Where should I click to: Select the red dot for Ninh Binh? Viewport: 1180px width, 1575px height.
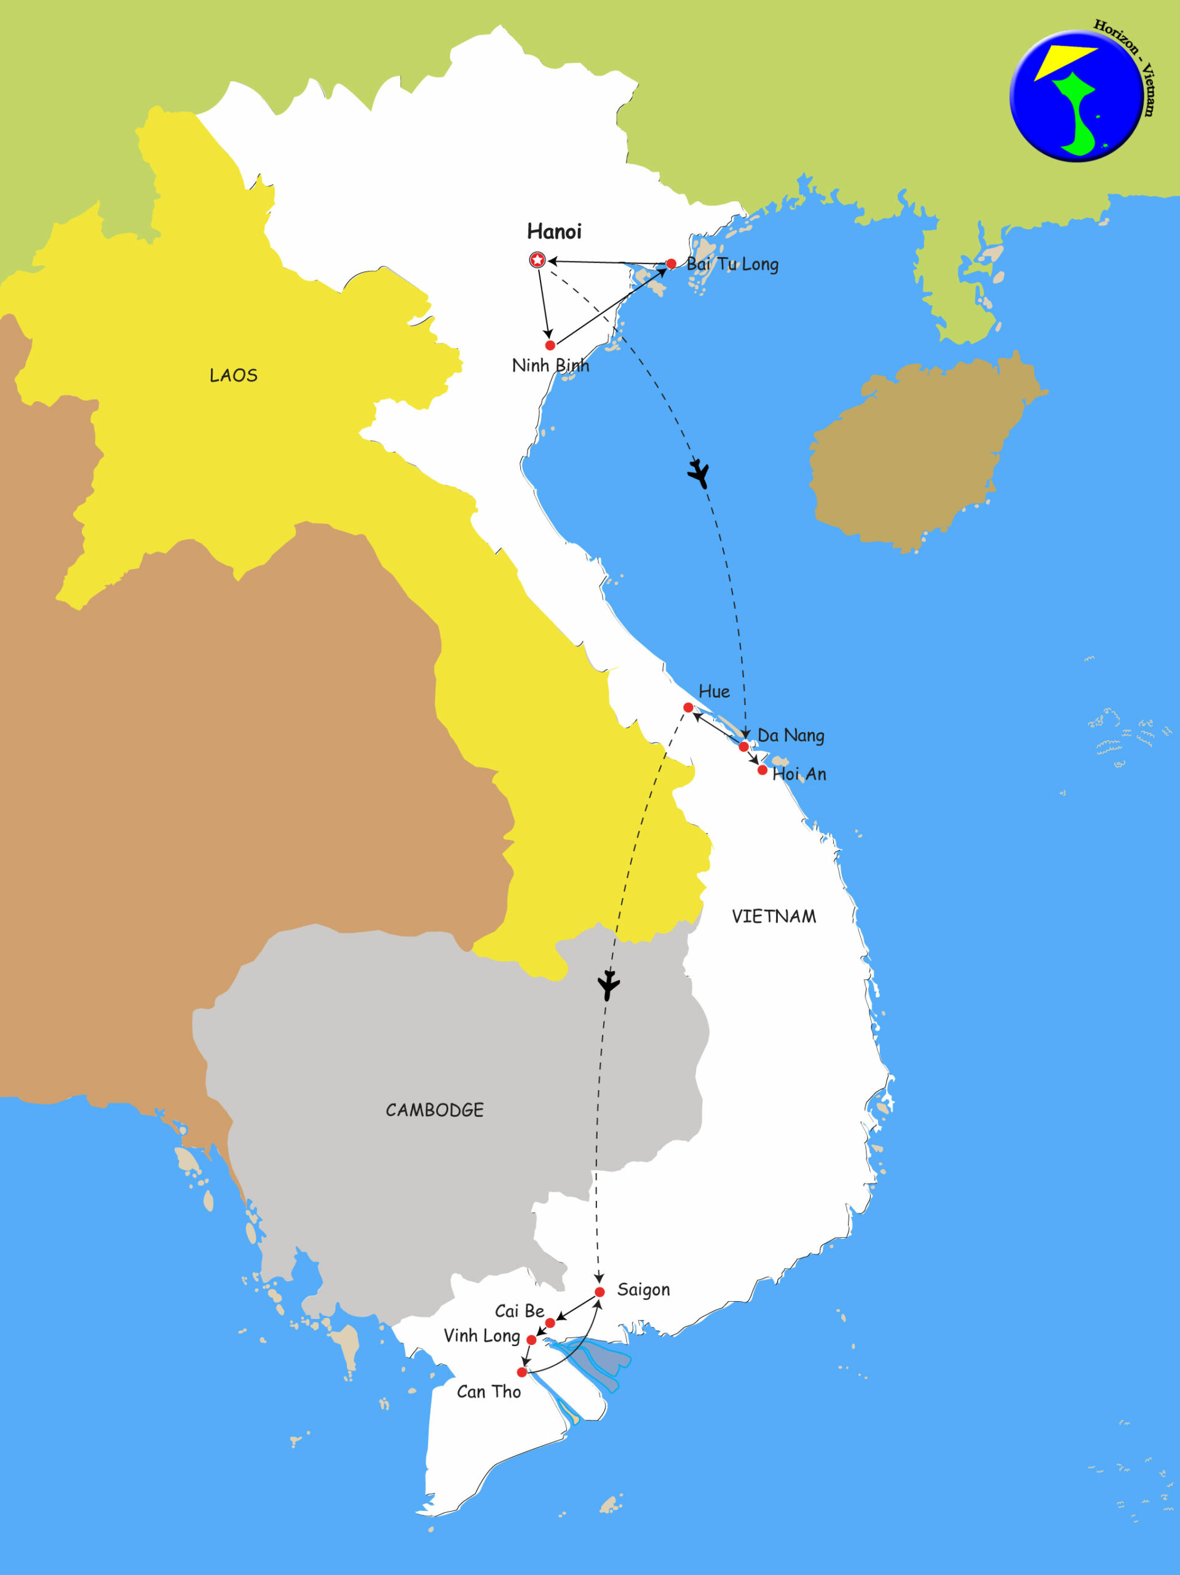pyautogui.click(x=550, y=345)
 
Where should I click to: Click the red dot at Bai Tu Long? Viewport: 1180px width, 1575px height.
pyautogui.click(x=670, y=264)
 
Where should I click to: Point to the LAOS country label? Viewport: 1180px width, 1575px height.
pyautogui.click(x=234, y=375)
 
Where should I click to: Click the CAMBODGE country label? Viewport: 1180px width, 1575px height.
pyautogui.click(x=434, y=1110)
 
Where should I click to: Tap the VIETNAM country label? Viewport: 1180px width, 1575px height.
pyautogui.click(x=774, y=916)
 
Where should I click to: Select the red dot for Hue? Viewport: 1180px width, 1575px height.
pyautogui.click(x=688, y=707)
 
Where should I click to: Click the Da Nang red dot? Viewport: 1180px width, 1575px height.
pyautogui.click(x=744, y=746)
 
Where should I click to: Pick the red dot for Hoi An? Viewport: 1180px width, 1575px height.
pyautogui.click(x=762, y=770)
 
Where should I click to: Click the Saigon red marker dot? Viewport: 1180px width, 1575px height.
pyautogui.click(x=600, y=1291)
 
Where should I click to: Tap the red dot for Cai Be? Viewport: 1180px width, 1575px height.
pyautogui.click(x=550, y=1323)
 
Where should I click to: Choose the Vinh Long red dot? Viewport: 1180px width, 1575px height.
pyautogui.click(x=531, y=1340)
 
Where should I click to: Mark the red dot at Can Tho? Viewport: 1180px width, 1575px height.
pyautogui.click(x=521, y=1372)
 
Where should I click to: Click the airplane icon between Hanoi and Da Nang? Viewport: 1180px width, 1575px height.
pyautogui.click(x=700, y=472)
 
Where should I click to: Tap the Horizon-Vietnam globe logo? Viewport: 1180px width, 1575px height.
pyautogui.click(x=1076, y=96)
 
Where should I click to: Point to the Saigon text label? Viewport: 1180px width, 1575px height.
pyautogui.click(x=643, y=1290)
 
